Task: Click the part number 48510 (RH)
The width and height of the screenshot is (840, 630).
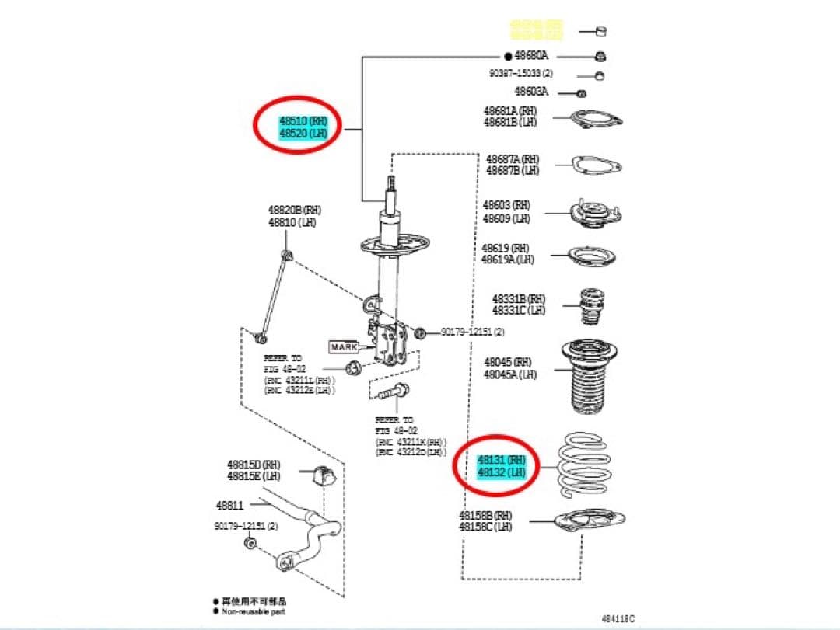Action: (x=304, y=122)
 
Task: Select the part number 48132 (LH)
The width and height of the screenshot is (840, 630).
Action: (x=501, y=472)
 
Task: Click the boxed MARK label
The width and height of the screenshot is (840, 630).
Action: (x=344, y=347)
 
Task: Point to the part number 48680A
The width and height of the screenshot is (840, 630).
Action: (x=531, y=56)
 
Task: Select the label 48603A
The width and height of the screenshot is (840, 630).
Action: (x=531, y=92)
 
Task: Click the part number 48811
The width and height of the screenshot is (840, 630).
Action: (x=231, y=504)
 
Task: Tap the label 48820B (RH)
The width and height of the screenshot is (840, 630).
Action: (x=294, y=210)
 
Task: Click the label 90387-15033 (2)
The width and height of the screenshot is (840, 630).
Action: (x=520, y=73)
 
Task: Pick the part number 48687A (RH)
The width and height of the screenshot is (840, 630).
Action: (x=513, y=159)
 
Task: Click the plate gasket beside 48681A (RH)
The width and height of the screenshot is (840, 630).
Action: (x=597, y=120)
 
